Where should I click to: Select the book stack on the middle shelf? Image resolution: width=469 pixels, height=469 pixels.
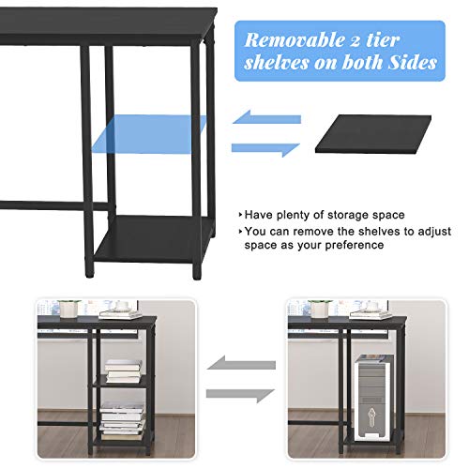coord(123,370)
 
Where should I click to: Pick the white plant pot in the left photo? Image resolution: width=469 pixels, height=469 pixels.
coord(69,310)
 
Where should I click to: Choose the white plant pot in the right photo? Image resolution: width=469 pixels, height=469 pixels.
coord(319,310)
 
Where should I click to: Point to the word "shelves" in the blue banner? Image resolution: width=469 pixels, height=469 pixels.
coord(279,63)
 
